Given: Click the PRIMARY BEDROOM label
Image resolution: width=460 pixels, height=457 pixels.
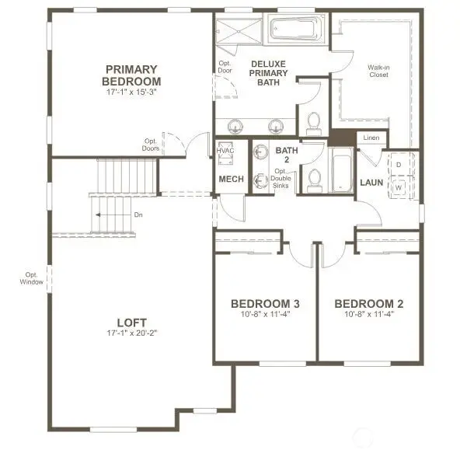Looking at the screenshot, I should tap(133, 75).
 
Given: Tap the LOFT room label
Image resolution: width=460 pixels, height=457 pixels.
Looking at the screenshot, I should tap(131, 323).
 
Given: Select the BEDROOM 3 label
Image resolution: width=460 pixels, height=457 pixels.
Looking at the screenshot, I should tap(266, 304).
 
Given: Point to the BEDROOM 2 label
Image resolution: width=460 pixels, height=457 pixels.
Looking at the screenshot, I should tap(369, 304).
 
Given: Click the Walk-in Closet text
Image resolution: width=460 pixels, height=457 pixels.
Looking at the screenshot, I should tap(378, 72).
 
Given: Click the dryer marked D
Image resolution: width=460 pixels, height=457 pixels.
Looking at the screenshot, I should tap(399, 166).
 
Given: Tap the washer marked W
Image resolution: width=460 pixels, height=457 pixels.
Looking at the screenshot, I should tap(399, 187).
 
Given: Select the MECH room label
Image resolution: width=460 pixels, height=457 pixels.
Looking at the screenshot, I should tap(231, 180).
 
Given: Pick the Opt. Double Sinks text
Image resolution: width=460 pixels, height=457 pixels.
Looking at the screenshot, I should tap(281, 180).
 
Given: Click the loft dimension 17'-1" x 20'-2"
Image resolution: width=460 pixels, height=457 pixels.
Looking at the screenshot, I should tap(131, 335).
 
